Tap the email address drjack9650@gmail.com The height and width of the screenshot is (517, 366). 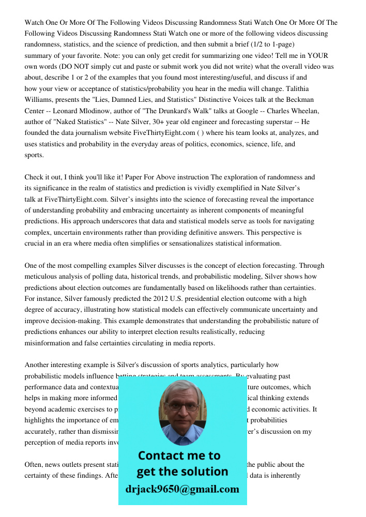[182, 489]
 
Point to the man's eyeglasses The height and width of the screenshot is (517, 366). [181, 405]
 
